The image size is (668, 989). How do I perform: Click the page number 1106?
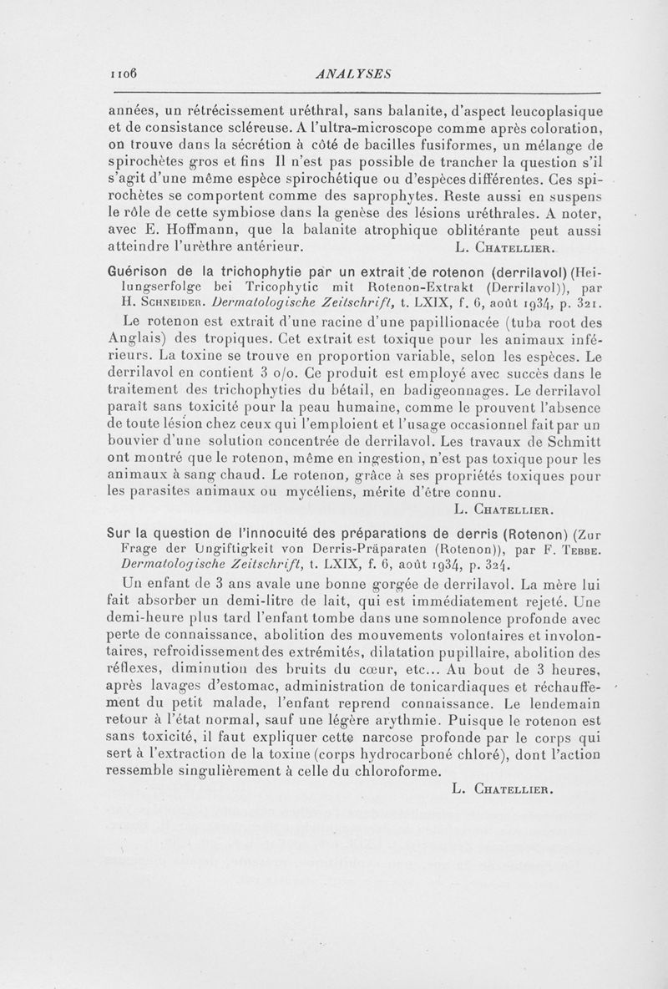120,74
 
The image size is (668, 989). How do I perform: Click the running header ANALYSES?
349,74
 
